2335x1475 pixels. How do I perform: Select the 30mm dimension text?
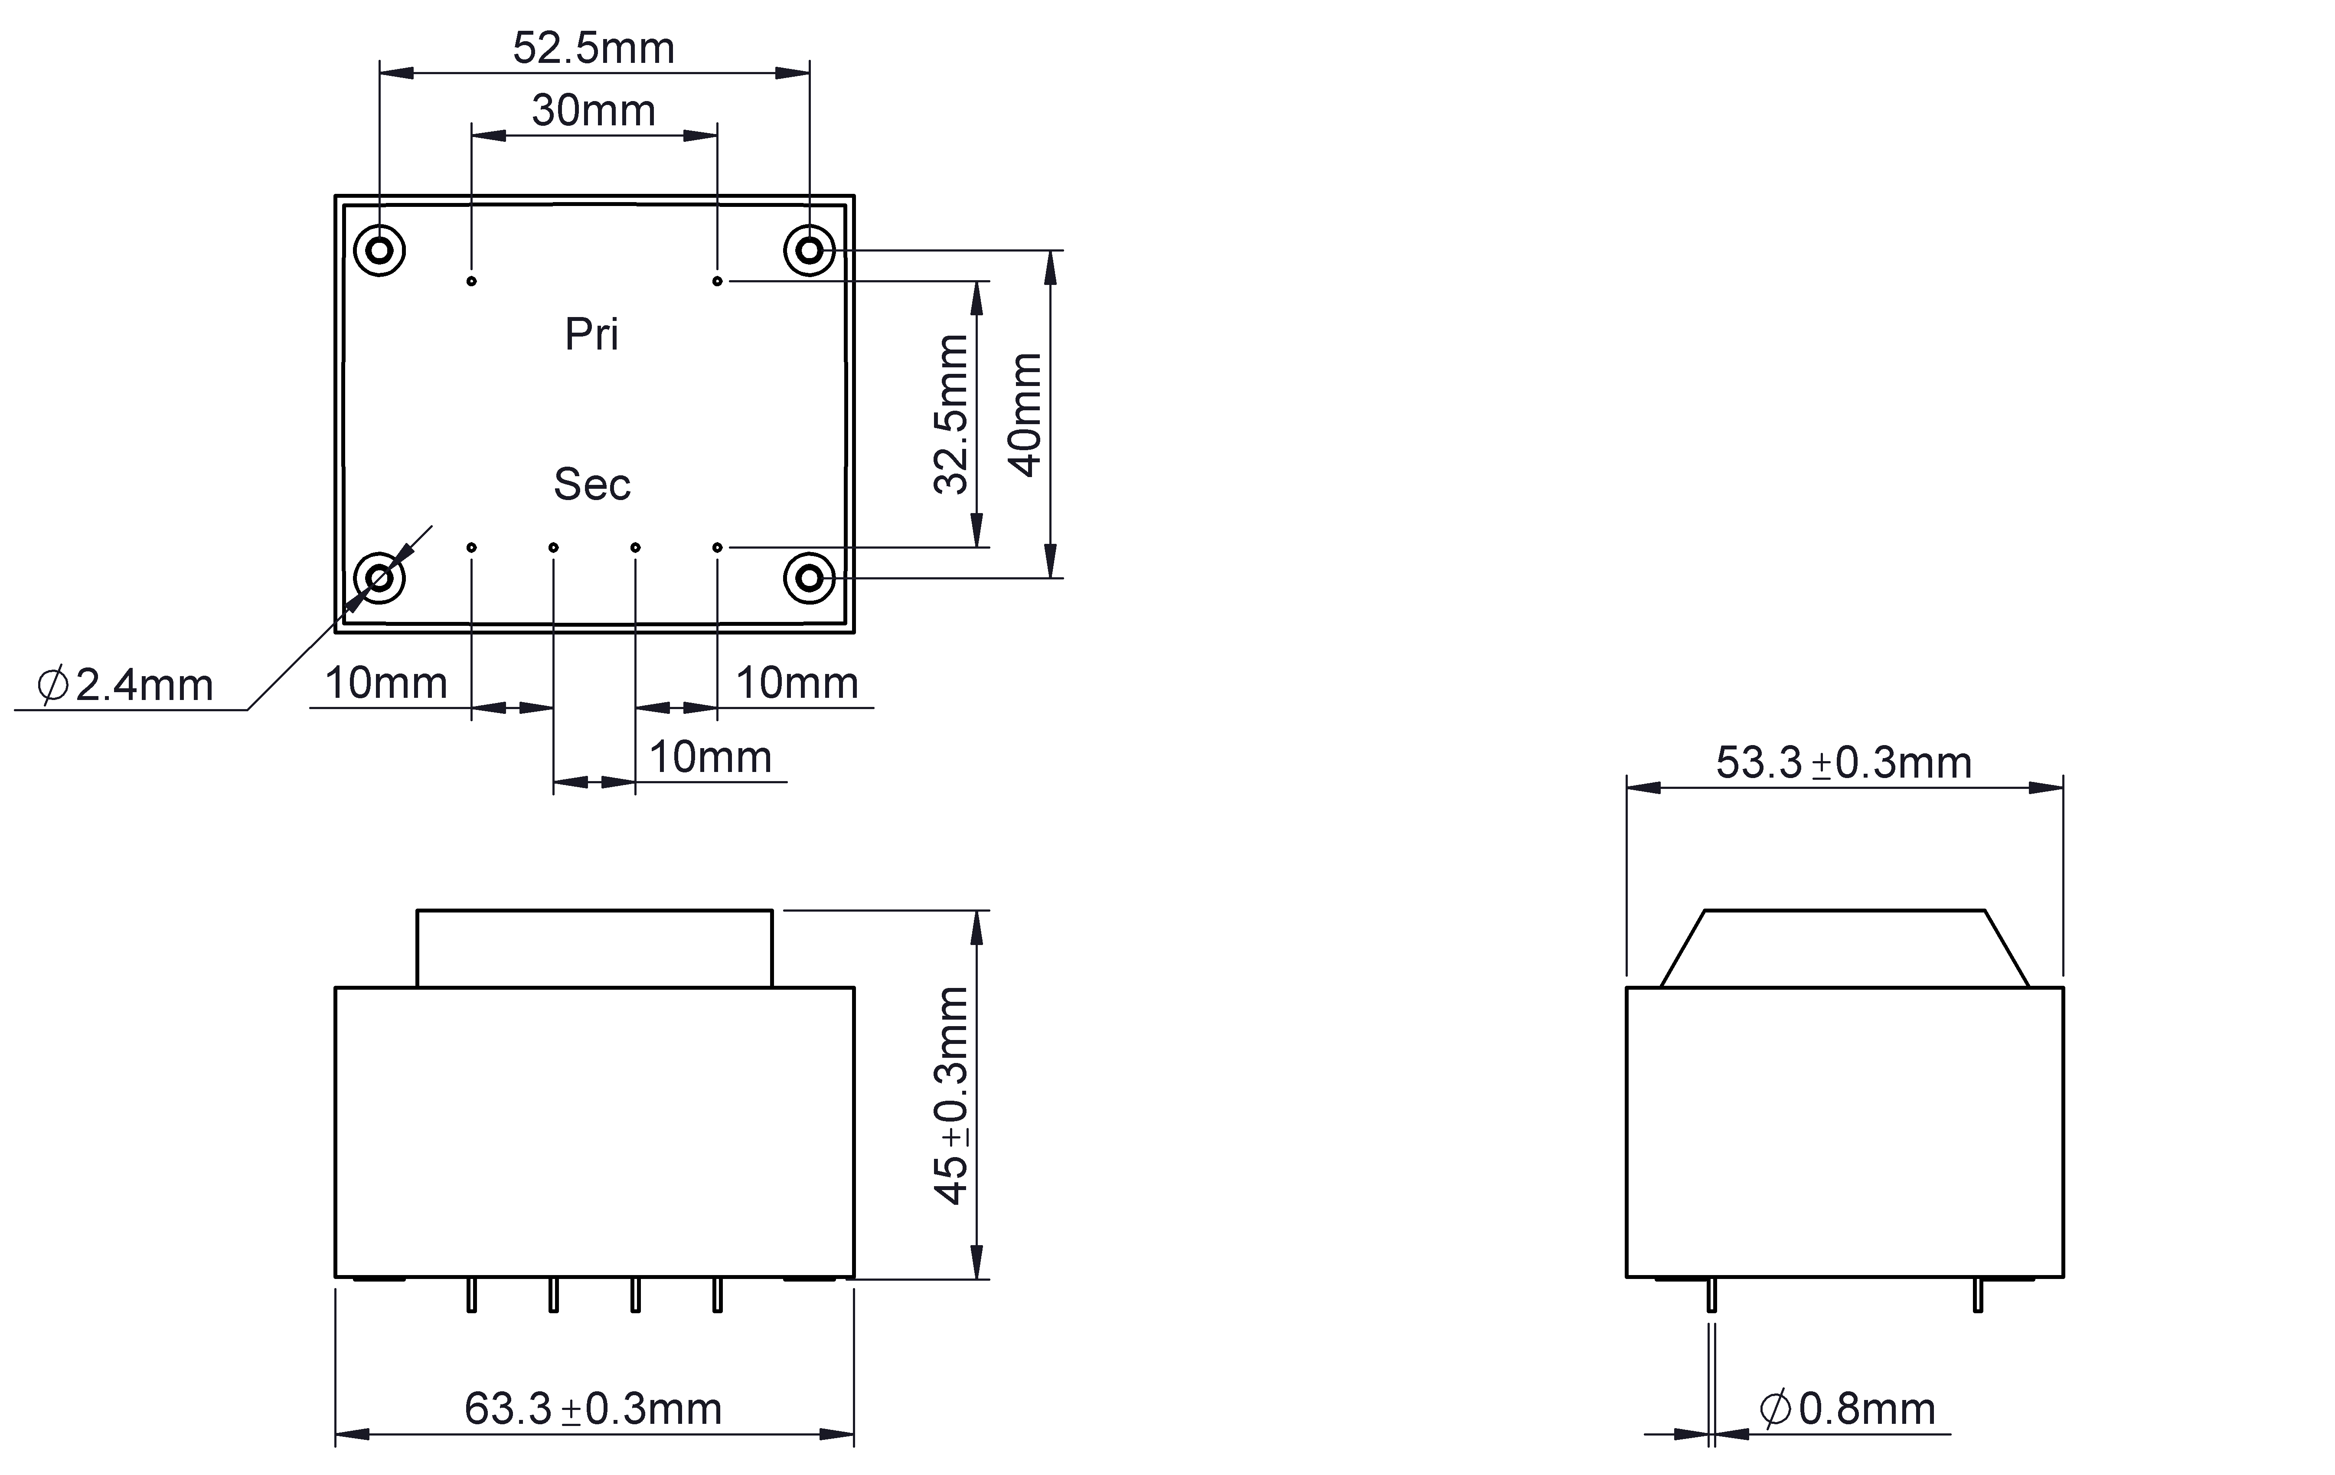[594, 111]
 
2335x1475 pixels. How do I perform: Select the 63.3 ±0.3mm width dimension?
[594, 1409]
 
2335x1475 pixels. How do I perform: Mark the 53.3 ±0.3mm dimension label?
[1844, 763]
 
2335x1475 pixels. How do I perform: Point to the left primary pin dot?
[471, 281]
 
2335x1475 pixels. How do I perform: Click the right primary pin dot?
[718, 281]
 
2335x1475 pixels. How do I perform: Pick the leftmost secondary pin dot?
[471, 548]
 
